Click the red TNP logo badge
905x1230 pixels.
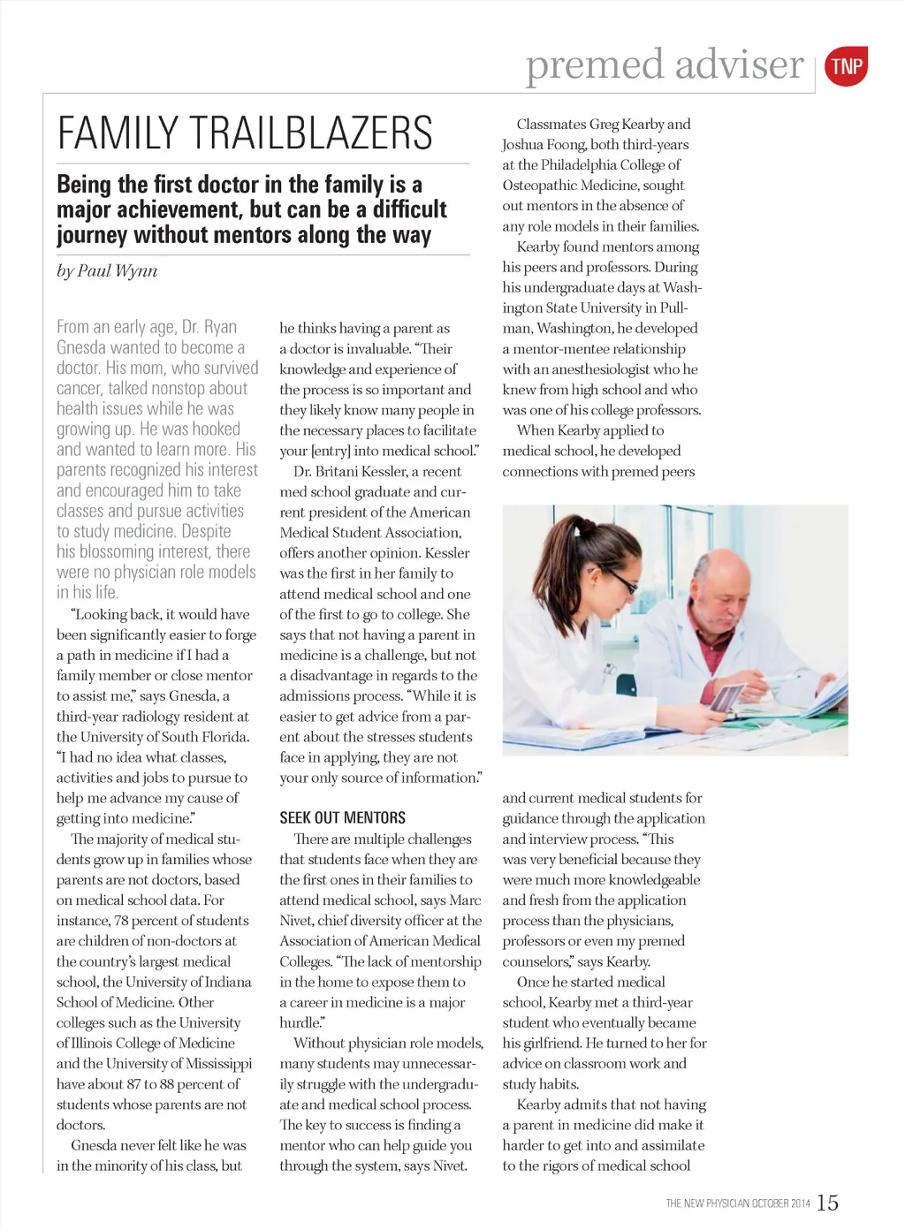846,66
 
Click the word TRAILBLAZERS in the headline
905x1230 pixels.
309,133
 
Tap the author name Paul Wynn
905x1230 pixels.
118,270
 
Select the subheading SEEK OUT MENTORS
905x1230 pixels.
343,817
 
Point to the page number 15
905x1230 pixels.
827,1203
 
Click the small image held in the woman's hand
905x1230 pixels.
725,698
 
